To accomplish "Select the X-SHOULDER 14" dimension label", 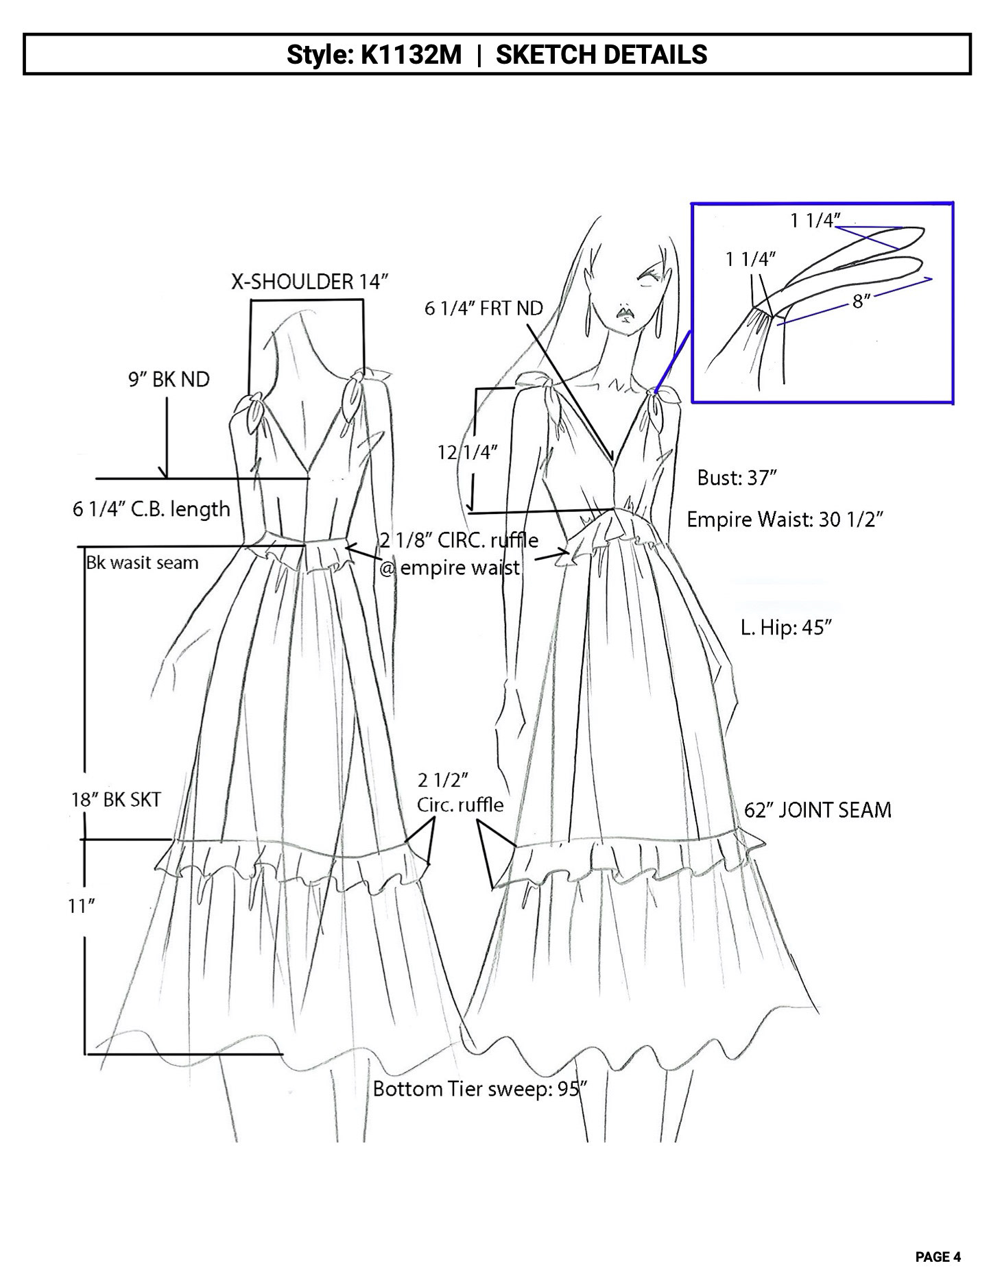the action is [310, 282].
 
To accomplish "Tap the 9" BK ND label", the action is [169, 379].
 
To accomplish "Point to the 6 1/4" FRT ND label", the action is [483, 308].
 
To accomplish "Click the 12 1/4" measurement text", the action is [468, 452].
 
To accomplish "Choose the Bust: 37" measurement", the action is [737, 478].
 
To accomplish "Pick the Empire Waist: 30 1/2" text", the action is [785, 520].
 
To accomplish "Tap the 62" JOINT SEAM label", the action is [817, 810].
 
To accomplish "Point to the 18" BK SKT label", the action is [116, 799].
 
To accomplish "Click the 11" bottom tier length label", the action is [81, 906].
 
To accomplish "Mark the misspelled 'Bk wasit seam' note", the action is [142, 563].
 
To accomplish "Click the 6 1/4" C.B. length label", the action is [151, 509].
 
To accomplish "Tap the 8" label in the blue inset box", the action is [861, 300].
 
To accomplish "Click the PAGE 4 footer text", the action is [938, 1257].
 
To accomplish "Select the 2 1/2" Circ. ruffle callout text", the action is [459, 792].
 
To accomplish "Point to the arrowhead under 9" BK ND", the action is [163, 472].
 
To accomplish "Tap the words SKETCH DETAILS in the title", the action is [601, 54].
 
